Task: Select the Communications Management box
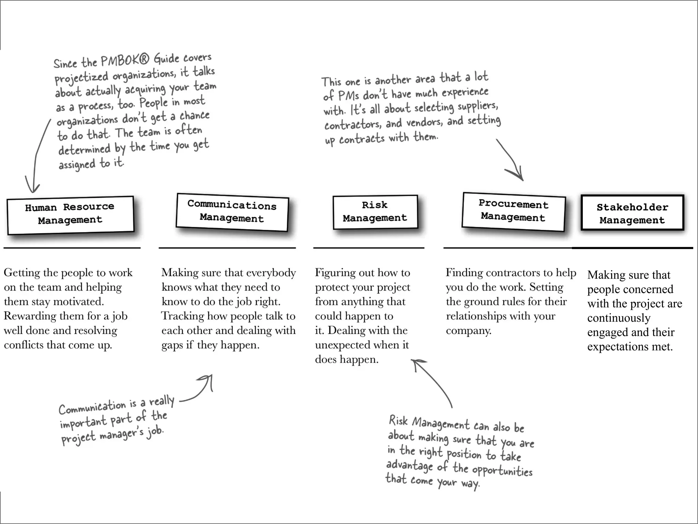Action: click(x=232, y=212)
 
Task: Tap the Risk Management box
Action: click(x=375, y=212)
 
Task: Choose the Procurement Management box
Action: click(x=513, y=211)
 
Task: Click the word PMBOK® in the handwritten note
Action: click(x=125, y=61)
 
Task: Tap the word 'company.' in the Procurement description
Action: click(x=468, y=331)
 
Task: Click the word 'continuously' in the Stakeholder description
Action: click(x=619, y=318)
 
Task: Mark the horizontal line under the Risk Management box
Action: click(x=368, y=248)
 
